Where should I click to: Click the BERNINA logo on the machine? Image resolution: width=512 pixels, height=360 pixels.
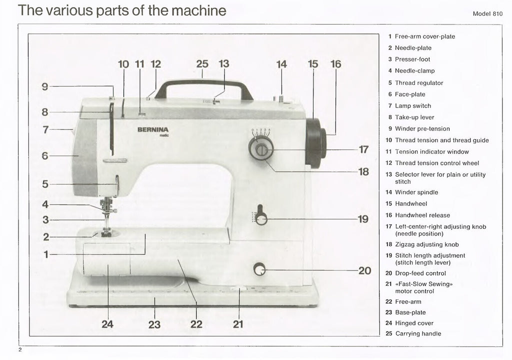152,129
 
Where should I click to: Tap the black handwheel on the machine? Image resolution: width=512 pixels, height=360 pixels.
315,142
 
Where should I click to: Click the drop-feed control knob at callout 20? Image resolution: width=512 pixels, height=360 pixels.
259,270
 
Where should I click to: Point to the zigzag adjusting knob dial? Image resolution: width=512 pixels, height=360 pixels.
261,149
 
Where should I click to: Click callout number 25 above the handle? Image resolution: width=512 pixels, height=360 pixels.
202,64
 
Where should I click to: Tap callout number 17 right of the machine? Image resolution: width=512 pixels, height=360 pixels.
363,149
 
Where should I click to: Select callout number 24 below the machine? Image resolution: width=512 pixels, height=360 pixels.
107,324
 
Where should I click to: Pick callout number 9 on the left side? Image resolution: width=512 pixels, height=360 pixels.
45,86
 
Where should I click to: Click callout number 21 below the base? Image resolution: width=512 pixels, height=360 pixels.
238,324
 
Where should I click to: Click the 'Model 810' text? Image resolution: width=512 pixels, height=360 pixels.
487,14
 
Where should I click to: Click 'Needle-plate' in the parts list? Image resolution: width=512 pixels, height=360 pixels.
412,48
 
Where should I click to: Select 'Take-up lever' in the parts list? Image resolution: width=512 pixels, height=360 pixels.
414,117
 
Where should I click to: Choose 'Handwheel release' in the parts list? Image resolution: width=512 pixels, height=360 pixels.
422,215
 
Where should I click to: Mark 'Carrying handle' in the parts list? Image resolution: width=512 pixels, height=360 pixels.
418,333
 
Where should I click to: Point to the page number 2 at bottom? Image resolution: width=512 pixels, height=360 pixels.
19,349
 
